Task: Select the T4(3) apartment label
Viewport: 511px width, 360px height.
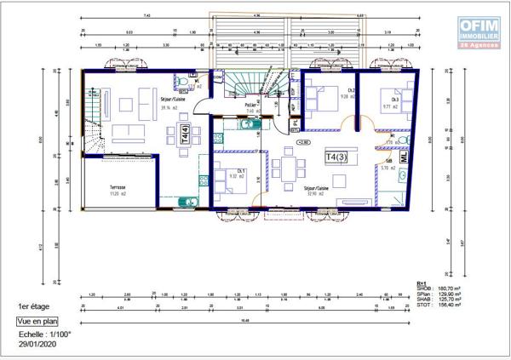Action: (336, 157)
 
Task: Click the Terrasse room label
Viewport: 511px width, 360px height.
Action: (117, 189)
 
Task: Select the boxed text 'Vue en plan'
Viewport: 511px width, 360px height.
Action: (37, 322)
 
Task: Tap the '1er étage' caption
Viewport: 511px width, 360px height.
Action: (33, 306)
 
